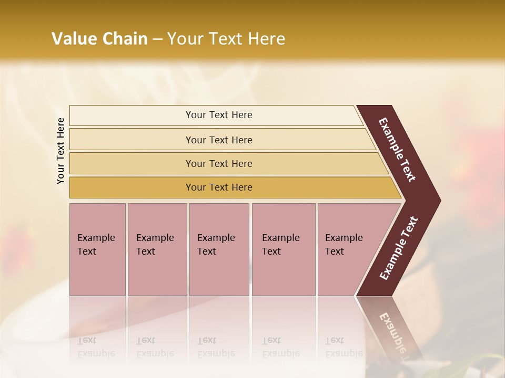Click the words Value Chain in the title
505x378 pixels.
coord(99,39)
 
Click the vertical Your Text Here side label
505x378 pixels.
coord(60,151)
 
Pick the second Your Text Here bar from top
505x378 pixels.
coord(219,140)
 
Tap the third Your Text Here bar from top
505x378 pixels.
coord(219,163)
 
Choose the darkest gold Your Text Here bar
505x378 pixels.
coord(219,187)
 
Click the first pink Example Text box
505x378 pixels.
coord(97,249)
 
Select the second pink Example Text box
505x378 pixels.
coord(157,249)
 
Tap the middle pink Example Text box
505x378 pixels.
coord(219,249)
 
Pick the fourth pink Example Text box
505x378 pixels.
coord(283,249)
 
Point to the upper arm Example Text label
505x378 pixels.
coord(398,150)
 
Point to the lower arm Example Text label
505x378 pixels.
coord(399,248)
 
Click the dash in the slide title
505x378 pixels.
coord(157,39)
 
